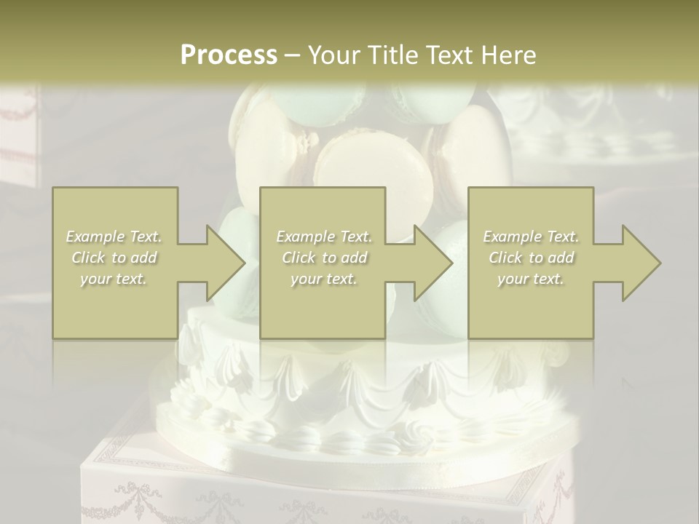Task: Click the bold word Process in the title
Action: (x=229, y=55)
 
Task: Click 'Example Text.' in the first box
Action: (x=114, y=237)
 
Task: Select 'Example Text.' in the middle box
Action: (x=324, y=237)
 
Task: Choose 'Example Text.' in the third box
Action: (x=531, y=237)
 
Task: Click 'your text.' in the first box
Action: (x=114, y=279)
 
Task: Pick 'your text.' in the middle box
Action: (x=324, y=279)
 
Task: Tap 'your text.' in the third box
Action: (x=531, y=279)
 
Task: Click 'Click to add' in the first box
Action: (x=114, y=258)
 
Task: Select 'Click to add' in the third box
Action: (x=531, y=258)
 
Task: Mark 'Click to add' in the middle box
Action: (x=324, y=258)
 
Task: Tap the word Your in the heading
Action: (x=332, y=55)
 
